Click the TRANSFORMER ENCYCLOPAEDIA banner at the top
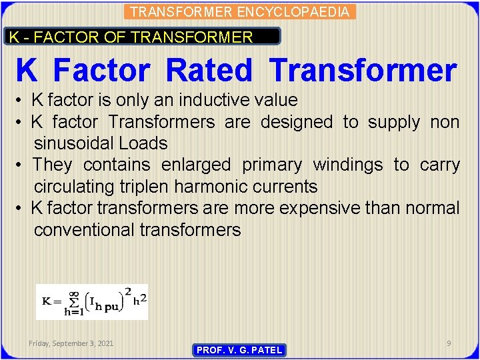pyautogui.click(x=239, y=11)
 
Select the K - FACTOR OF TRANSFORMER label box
pyautogui.click(x=143, y=37)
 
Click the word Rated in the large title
pyautogui.click(x=209, y=71)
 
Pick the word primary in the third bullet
pyautogui.click(x=272, y=165)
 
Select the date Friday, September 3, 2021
pyautogui.click(x=71, y=343)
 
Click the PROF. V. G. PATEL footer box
pyautogui.click(x=239, y=349)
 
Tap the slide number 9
pyautogui.click(x=449, y=343)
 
